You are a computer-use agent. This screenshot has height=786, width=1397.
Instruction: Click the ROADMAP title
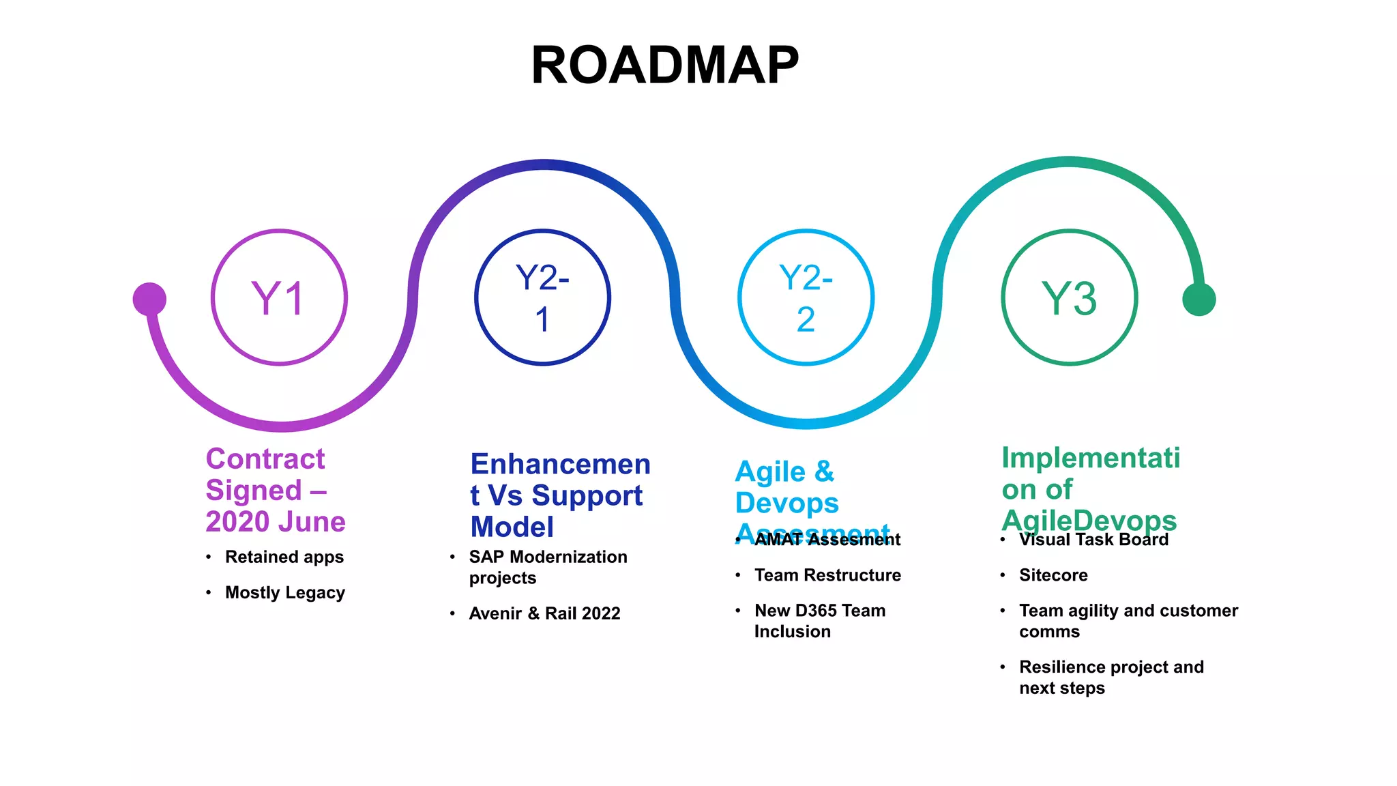(x=664, y=65)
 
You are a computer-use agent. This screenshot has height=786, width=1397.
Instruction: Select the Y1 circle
(x=279, y=297)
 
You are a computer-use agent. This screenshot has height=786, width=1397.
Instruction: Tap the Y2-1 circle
(x=542, y=297)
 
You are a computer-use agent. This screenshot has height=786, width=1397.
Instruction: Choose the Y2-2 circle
(x=806, y=297)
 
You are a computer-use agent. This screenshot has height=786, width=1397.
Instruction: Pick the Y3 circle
(x=1069, y=297)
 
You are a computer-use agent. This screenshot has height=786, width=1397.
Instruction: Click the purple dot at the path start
(x=149, y=299)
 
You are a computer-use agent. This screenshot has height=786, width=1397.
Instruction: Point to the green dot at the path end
(x=1199, y=299)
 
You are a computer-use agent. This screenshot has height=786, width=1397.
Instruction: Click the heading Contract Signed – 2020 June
(x=275, y=490)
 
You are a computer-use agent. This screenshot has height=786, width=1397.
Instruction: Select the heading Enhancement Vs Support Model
(x=559, y=495)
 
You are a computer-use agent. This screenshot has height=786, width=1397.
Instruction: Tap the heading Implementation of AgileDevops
(x=1090, y=489)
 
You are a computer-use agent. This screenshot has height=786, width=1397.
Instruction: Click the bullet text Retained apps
(x=284, y=557)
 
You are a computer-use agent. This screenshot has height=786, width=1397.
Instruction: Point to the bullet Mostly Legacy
(x=285, y=592)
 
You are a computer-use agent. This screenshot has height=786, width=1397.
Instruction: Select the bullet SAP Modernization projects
(x=548, y=567)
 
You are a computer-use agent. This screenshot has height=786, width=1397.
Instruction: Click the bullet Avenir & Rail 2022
(x=544, y=613)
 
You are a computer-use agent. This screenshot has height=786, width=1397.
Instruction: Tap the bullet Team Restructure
(x=827, y=575)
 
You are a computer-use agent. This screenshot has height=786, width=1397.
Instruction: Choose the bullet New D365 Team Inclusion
(x=819, y=621)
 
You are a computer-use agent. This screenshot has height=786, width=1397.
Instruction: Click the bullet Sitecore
(x=1053, y=575)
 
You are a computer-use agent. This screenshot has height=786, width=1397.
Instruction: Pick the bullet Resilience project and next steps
(x=1111, y=677)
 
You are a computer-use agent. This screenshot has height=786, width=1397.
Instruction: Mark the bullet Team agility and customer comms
(x=1128, y=621)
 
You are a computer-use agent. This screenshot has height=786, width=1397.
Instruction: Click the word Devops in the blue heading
(x=786, y=503)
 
